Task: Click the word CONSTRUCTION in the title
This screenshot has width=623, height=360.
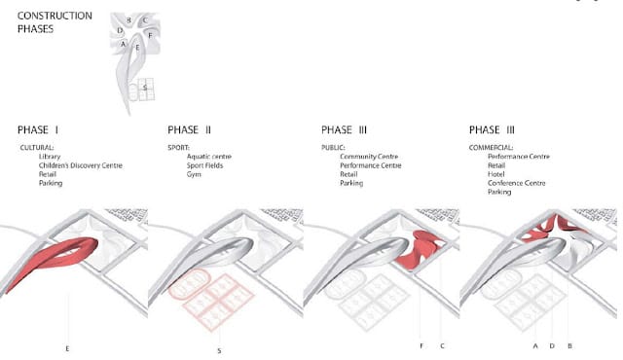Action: coord(55,16)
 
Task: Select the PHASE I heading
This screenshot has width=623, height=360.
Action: coord(38,129)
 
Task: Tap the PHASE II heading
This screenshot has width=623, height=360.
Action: coord(189,129)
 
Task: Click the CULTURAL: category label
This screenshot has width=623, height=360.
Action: coord(37,148)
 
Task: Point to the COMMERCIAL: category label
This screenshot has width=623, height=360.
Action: coord(491,148)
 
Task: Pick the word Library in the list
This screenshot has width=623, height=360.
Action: coord(50,157)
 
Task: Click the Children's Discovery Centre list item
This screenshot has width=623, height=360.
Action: coord(81,165)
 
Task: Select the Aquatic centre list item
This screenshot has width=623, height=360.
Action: coord(209,157)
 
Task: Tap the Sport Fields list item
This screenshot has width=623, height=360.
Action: coord(205,165)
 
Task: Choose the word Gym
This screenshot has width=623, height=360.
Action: coord(194,174)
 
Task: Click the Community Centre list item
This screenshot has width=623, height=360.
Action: coord(369,157)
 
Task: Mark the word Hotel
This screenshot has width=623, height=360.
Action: coord(496,174)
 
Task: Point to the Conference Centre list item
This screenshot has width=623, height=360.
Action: coord(517,183)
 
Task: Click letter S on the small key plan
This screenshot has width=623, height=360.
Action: coord(145,87)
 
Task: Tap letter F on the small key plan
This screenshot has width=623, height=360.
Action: coord(150,35)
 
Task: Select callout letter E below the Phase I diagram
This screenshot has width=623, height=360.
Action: coord(67,348)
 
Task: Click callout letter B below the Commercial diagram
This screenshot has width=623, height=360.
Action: coord(569,346)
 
